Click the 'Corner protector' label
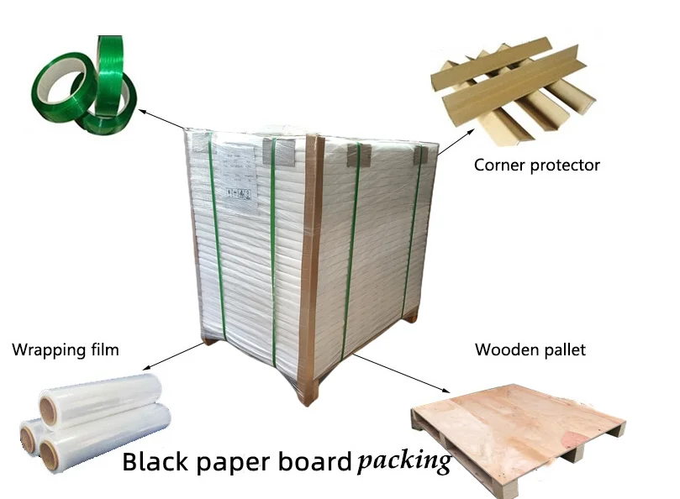click(x=536, y=165)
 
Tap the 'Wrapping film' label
click(x=65, y=349)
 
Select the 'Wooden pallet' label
click(x=530, y=349)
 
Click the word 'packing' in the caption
click(x=403, y=461)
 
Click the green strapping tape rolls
click(x=84, y=84)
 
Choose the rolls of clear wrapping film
click(x=92, y=420)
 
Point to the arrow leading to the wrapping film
click(x=168, y=355)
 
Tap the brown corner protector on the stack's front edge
click(x=308, y=269)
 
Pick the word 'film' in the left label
click(x=103, y=349)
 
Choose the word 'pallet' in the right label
click(x=564, y=349)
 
